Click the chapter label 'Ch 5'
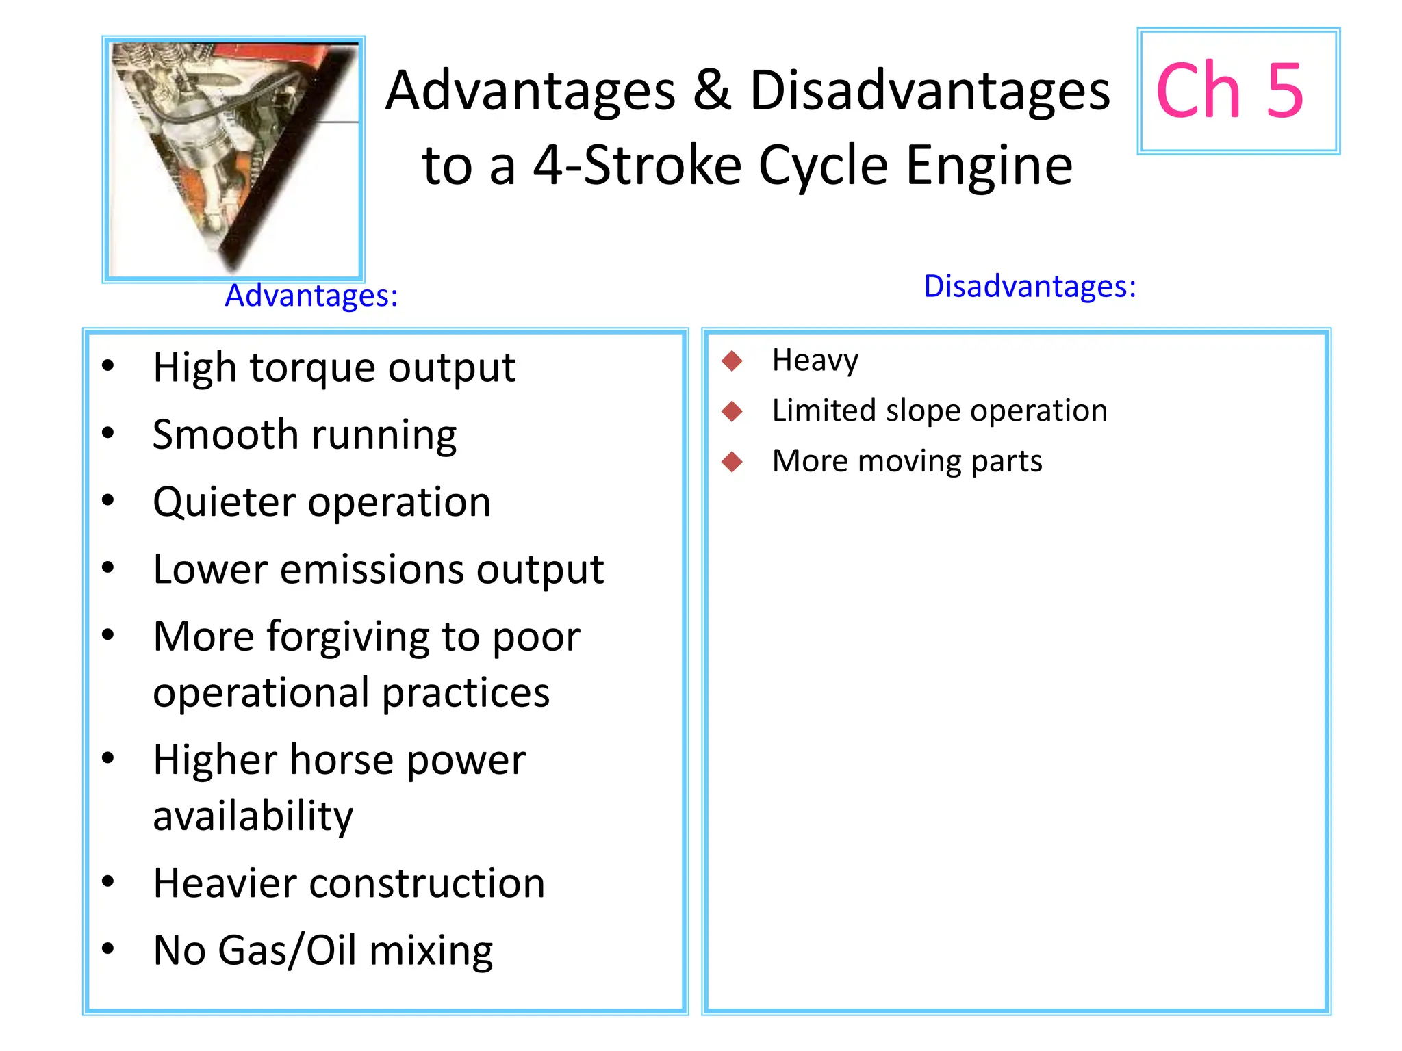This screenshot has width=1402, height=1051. [x=1229, y=91]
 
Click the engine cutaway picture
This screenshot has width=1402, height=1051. [x=233, y=159]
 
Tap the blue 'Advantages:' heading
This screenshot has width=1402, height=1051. [x=311, y=296]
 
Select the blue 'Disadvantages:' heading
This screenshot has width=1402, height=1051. [x=1030, y=287]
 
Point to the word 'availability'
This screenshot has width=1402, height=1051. [x=253, y=816]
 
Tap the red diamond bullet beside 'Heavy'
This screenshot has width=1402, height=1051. [x=732, y=361]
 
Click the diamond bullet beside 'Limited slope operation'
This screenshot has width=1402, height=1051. [x=732, y=411]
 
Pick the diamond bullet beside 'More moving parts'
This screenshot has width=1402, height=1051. [x=732, y=462]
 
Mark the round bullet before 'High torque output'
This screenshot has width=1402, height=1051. [x=107, y=366]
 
